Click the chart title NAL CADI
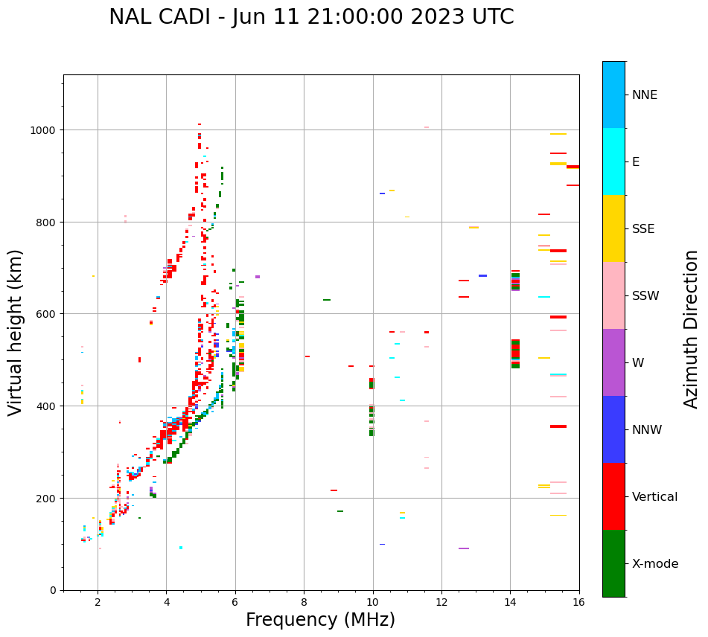tap(311, 17)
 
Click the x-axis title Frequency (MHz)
tap(320, 620)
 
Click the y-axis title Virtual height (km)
tap(16, 333)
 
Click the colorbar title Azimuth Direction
tap(692, 329)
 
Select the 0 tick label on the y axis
tap(53, 590)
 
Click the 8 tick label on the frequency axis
tap(304, 603)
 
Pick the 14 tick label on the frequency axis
tap(510, 603)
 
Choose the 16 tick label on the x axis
tap(578, 603)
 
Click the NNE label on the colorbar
tap(645, 95)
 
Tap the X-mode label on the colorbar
tap(655, 564)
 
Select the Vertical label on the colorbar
tap(655, 497)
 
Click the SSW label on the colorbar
tap(645, 296)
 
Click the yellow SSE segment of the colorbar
tap(613, 228)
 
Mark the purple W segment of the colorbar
tap(613, 362)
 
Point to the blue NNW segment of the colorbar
tap(613, 429)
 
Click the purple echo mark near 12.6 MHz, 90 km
tap(464, 548)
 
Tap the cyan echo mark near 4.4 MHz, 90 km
tap(181, 548)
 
